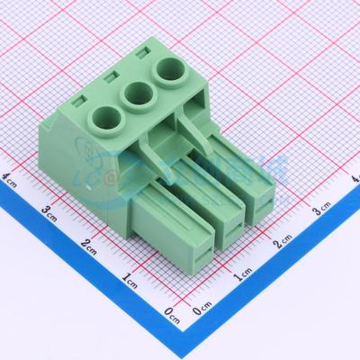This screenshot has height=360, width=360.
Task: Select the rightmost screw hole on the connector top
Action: pyautogui.click(x=169, y=69)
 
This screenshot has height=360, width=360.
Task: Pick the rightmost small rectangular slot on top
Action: pyautogui.click(x=141, y=57)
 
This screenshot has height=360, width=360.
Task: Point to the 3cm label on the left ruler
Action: pyautogui.click(x=51, y=211)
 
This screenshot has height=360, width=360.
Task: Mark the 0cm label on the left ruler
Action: pyautogui.click(x=172, y=313)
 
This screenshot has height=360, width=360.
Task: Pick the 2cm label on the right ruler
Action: pyautogui.click(x=283, y=243)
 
